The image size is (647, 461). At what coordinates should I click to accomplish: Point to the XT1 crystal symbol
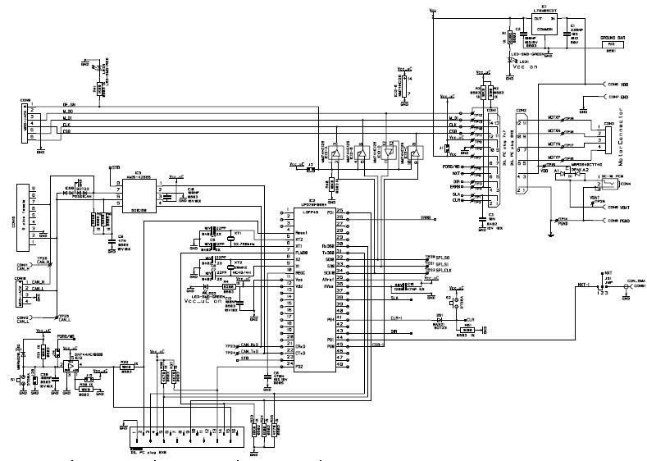(x=239, y=236)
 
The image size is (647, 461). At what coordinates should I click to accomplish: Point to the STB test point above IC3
(x=113, y=169)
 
